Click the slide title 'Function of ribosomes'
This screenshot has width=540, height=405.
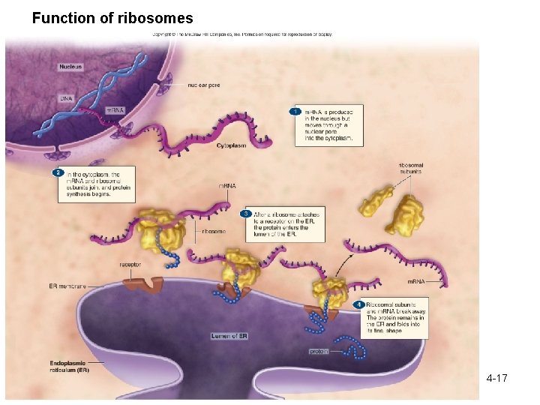(x=112, y=18)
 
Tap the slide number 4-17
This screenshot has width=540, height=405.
(x=496, y=378)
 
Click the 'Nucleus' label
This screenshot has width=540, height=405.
(x=70, y=67)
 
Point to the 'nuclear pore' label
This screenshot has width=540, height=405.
(x=204, y=85)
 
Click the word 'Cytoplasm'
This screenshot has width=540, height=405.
(x=231, y=145)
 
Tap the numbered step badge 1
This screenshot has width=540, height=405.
(x=296, y=112)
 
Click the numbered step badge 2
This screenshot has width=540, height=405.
(x=57, y=173)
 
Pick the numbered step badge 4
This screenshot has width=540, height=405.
(x=359, y=304)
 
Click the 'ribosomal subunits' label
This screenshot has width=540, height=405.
(x=410, y=167)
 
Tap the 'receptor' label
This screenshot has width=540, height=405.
(x=130, y=264)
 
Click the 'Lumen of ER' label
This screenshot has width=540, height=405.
(x=229, y=336)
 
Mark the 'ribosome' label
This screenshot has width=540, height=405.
(x=213, y=232)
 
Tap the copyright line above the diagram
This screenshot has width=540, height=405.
(x=242, y=34)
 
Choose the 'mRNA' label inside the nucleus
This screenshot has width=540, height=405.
(x=115, y=110)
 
